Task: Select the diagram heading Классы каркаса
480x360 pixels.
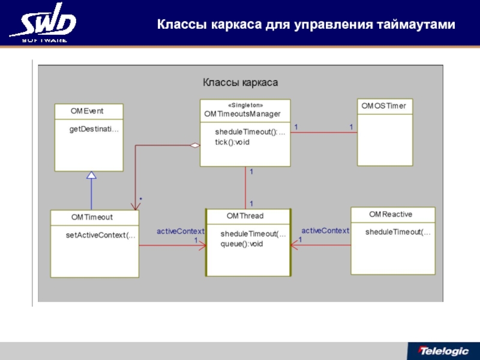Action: tap(240, 82)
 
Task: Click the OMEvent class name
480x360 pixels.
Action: tap(87, 111)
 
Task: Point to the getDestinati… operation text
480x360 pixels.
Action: tap(94, 128)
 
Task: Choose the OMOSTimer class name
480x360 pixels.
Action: tap(383, 106)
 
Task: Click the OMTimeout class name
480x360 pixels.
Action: tap(92, 217)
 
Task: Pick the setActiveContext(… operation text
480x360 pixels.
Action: tap(101, 235)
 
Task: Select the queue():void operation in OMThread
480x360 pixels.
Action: tap(242, 244)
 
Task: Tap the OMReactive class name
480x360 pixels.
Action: tap(391, 214)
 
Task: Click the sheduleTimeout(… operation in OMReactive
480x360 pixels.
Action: tap(398, 232)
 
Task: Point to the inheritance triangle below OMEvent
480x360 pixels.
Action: tap(91, 175)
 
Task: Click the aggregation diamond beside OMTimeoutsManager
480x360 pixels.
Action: tap(194, 145)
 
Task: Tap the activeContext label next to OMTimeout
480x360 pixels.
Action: tap(181, 231)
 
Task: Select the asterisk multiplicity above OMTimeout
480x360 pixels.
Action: tap(140, 198)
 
